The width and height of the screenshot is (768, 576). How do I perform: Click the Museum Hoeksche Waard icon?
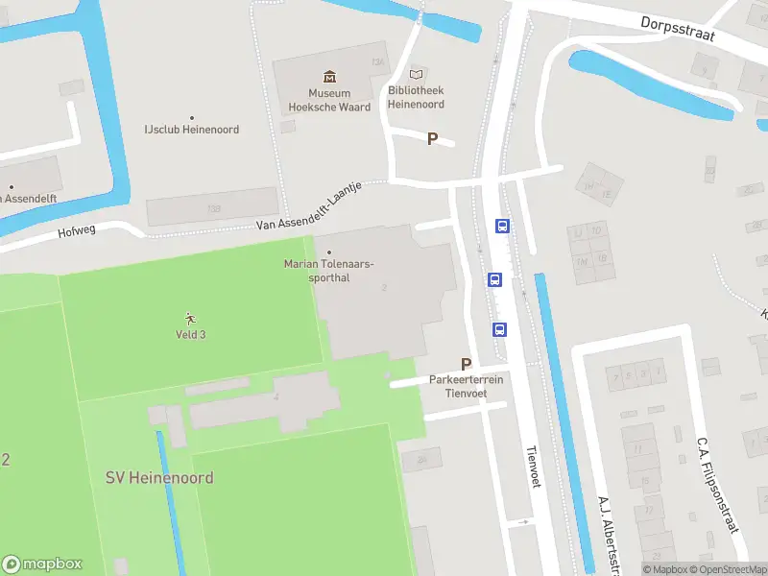tap(329, 76)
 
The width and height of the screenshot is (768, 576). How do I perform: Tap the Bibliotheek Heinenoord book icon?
tap(416, 73)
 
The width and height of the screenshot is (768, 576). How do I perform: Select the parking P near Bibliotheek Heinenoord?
tap(432, 139)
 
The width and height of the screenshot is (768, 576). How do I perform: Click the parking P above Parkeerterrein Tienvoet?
tap(467, 364)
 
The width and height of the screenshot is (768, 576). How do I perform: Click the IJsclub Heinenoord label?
tap(191, 130)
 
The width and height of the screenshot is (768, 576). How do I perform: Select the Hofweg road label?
tap(78, 231)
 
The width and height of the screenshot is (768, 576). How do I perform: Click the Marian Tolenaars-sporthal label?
tap(329, 271)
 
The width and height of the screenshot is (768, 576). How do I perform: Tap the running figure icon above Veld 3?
tap(190, 318)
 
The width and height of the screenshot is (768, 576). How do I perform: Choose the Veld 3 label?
tap(190, 334)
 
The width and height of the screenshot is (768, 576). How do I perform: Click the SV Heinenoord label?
tap(159, 478)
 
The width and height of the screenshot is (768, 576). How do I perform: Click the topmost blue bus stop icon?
tap(502, 227)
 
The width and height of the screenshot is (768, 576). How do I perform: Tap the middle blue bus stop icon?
tap(494, 280)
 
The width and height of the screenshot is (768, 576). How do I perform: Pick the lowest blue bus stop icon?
tap(500, 329)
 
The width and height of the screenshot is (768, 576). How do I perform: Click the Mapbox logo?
tap(42, 564)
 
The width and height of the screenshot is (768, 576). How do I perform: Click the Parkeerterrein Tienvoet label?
tap(467, 386)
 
